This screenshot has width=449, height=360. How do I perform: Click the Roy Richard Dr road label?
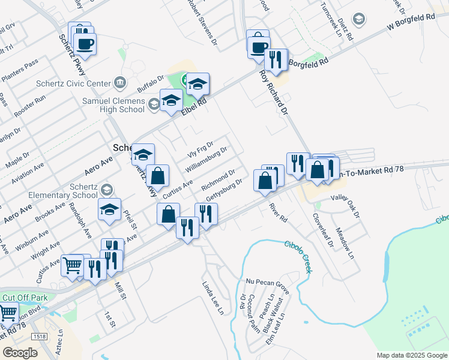pyautogui.click(x=273, y=93)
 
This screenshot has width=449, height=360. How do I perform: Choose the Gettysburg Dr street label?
pyautogui.click(x=223, y=190)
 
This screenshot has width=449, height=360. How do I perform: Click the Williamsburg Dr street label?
pyautogui.click(x=206, y=159)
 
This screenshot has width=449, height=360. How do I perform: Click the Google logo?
pyautogui.click(x=20, y=353)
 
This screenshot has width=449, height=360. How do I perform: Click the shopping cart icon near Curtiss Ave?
pyautogui.click(x=73, y=264)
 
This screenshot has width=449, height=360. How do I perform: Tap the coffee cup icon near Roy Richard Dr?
pyautogui.click(x=258, y=46)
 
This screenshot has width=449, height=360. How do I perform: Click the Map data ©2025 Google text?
pyautogui.click(x=412, y=355)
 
